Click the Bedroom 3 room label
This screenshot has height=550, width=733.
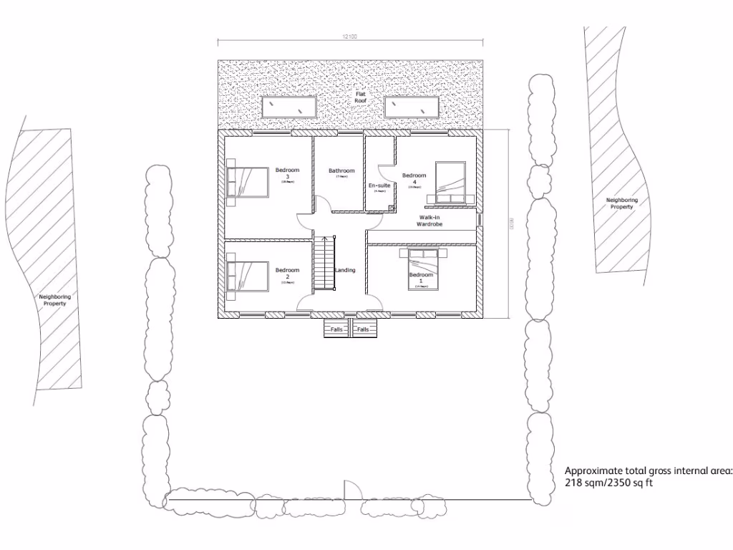[287, 173]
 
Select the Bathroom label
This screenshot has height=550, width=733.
[341, 170]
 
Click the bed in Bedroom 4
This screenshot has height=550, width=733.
[450, 180]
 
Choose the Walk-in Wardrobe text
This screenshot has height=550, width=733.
[429, 220]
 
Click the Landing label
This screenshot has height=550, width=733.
[345, 270]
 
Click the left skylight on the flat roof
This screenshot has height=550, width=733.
[290, 107]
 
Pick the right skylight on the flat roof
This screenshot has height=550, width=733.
[413, 107]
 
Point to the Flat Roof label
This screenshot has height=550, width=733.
[360, 97]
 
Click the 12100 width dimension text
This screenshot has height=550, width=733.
[349, 36]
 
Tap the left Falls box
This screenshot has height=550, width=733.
[337, 329]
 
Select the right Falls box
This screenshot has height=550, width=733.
[364, 329]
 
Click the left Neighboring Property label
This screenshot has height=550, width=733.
[54, 299]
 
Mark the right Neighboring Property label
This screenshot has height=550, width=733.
[621, 203]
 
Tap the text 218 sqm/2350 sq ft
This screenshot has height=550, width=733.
[608, 483]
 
